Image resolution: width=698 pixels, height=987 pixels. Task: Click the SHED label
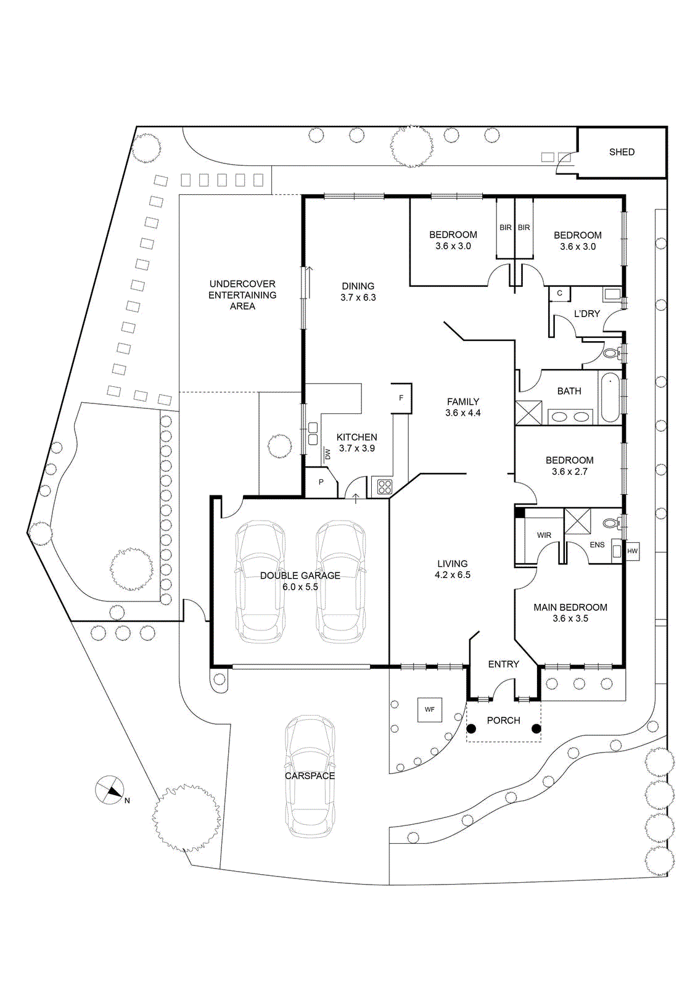[x=622, y=152]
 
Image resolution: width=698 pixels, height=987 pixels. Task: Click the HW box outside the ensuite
[x=632, y=551]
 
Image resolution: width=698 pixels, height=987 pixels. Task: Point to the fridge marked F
[x=401, y=398]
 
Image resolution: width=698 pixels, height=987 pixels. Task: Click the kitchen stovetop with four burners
[x=384, y=487]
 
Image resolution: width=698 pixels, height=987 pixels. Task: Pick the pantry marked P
[x=321, y=482]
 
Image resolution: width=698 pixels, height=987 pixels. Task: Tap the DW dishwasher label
[x=327, y=453]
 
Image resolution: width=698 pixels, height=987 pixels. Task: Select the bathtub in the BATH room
[x=610, y=397]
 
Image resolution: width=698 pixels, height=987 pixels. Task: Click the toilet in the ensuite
[x=611, y=523]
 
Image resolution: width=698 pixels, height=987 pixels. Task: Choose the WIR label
[x=544, y=535]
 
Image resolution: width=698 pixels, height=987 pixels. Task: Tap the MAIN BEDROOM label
[x=570, y=607]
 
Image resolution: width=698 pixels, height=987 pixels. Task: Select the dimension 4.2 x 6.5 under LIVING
[x=453, y=575]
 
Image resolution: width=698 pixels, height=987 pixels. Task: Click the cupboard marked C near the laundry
[x=560, y=294]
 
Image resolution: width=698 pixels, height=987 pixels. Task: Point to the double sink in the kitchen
[x=313, y=434]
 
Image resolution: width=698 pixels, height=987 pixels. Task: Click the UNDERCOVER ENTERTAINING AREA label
[x=242, y=295]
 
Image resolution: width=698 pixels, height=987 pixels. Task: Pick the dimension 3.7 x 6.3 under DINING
[x=358, y=297]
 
